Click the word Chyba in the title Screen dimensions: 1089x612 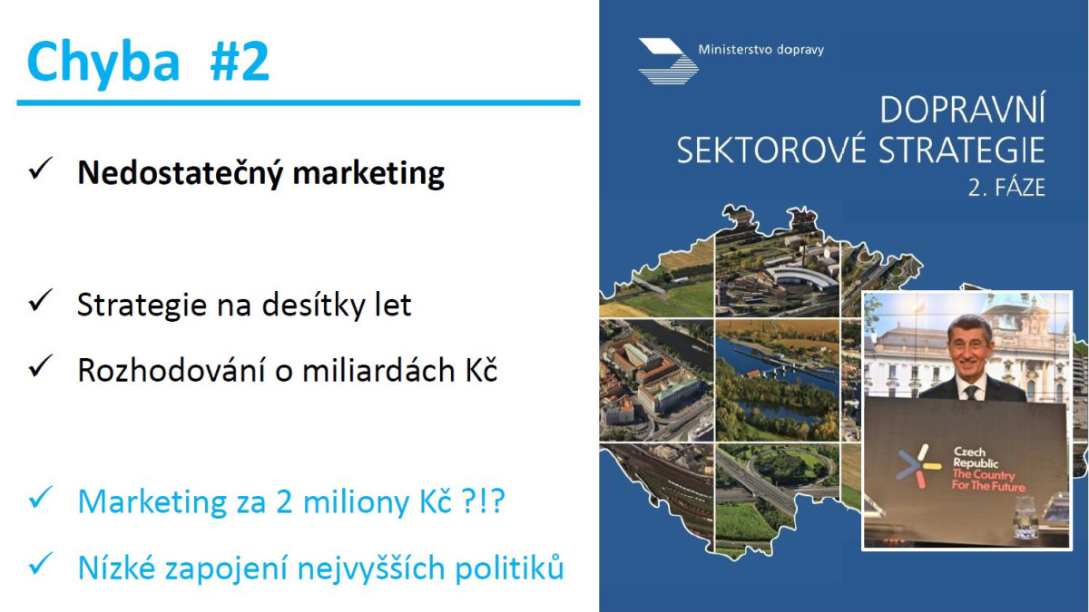103,63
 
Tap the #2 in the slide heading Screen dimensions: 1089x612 240,61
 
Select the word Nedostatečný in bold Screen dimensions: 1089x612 180,173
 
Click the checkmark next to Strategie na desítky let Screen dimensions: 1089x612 40,300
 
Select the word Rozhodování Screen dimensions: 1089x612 172,371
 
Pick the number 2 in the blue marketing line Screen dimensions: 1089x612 284,501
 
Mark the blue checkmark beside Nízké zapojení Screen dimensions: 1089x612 40,564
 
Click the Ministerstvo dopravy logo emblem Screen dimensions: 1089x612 669,62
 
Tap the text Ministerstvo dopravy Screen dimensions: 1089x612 760,50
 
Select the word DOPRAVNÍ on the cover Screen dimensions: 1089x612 962,110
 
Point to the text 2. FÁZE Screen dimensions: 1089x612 1006,188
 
